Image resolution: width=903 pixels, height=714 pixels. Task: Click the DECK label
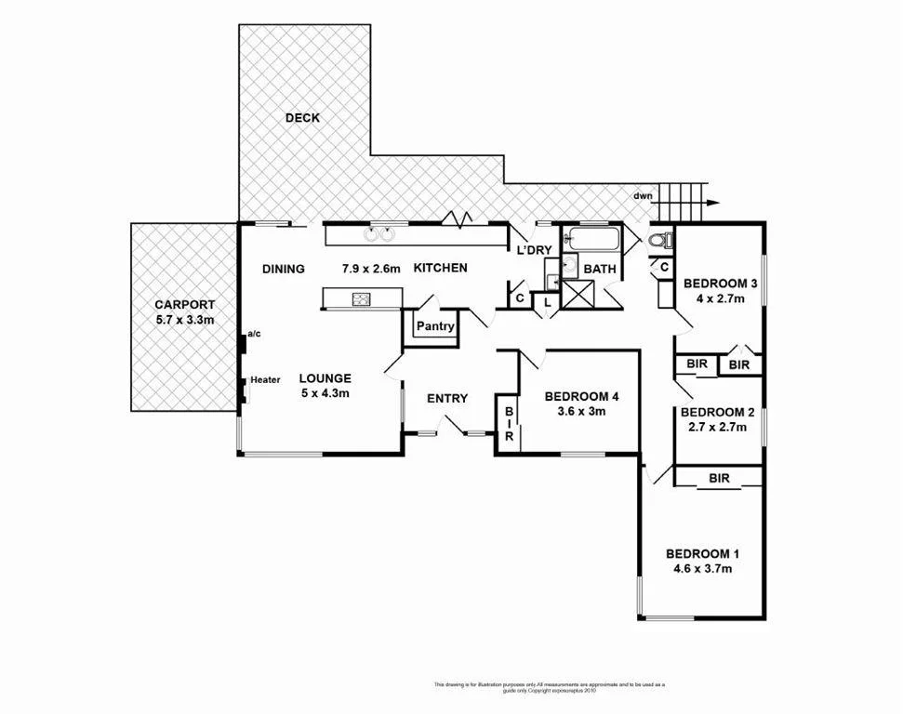302,118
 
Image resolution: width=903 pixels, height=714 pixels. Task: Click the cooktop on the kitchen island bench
361,298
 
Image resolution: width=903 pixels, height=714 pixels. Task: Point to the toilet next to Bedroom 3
658,241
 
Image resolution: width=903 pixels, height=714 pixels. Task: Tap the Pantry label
434,326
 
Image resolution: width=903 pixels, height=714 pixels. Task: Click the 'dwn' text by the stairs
643,196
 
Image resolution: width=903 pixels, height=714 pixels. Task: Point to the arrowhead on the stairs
711,203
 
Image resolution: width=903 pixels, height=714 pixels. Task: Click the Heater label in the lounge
265,379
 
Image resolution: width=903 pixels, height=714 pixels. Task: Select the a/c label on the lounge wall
254,334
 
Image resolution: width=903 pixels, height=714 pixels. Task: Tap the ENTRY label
447,399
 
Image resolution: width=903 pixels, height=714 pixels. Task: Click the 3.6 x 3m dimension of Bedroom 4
581,411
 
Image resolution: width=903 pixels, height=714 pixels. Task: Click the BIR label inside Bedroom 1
719,479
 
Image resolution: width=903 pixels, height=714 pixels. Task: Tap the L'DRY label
535,251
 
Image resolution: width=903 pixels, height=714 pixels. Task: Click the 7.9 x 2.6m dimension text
370,270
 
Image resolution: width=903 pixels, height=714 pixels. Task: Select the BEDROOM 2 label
717,412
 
